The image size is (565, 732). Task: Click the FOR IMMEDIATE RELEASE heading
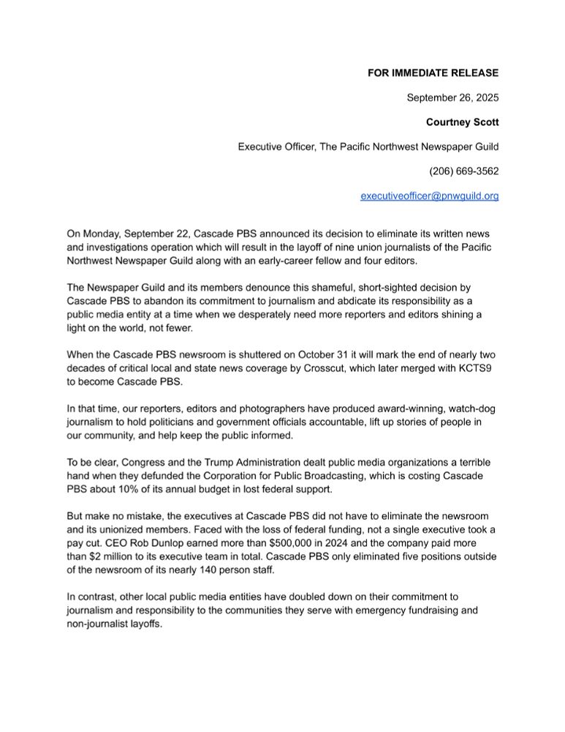tap(433, 72)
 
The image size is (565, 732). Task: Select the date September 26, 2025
tap(452, 97)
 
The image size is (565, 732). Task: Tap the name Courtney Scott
tap(463, 122)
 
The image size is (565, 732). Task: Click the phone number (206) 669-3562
tap(463, 171)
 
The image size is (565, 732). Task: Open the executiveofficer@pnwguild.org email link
tap(430, 196)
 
